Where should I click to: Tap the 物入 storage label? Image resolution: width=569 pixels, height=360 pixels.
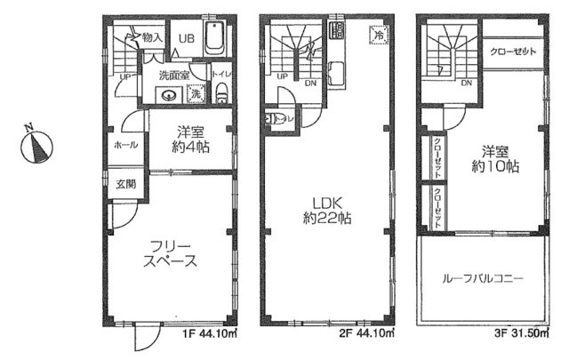click(152, 37)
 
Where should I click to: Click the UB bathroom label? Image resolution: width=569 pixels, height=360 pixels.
click(188, 38)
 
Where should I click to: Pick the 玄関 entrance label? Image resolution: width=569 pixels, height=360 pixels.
click(125, 185)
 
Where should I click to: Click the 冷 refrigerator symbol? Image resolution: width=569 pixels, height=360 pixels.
click(378, 36)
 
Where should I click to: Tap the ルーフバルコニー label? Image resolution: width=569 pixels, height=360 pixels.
click(483, 278)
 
